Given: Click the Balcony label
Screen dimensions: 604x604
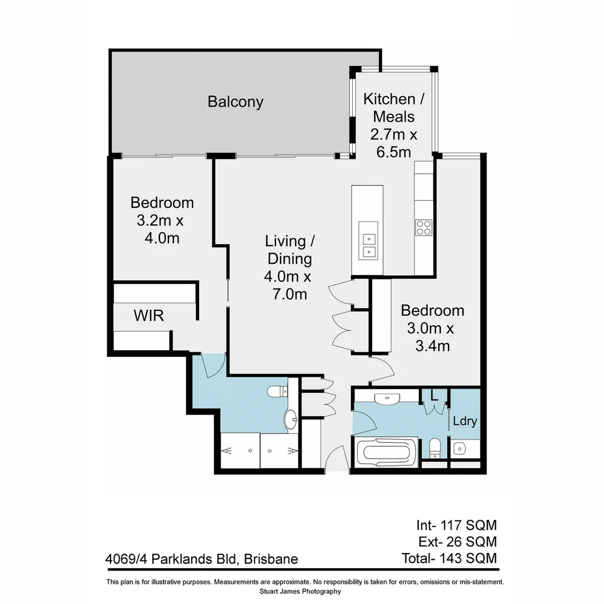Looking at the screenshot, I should coord(235,102).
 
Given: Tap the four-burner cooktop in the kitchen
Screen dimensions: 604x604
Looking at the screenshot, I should coord(423,227).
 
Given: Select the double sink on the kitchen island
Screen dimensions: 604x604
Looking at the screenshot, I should coord(368,245).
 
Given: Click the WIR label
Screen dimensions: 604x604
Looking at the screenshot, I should coord(149,315).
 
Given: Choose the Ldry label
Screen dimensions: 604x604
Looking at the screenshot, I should coord(465,421).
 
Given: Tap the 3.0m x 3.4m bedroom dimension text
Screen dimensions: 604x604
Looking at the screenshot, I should coord(432,337).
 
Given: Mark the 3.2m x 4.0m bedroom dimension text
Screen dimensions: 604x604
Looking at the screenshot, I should coord(162,229).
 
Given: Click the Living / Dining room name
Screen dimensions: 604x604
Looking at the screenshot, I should coord(289,250).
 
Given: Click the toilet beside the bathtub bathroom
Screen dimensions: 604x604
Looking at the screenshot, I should coord(434,447).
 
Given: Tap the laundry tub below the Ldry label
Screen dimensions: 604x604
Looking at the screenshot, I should coord(460,448).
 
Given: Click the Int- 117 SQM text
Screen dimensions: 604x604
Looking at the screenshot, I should coord(456,525).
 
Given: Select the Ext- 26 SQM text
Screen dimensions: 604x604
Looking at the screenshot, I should coord(457,541).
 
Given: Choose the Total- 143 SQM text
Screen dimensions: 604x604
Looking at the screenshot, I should coord(449,558).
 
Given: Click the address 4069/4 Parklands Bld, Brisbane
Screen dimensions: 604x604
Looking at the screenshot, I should coord(201,559).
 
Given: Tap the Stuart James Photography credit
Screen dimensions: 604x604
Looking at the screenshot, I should coord(300,591).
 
